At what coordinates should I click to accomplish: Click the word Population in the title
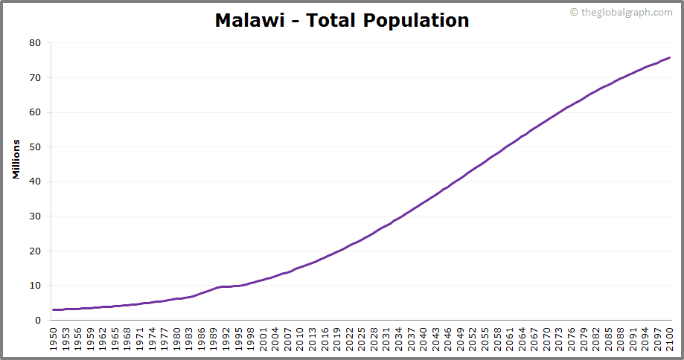(416, 21)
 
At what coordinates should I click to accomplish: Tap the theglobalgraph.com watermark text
(626, 12)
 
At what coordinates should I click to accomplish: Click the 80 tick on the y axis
(34, 43)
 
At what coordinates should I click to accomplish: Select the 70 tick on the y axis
(34, 77)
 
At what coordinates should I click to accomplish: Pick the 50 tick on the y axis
(34, 147)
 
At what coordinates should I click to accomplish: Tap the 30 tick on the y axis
(34, 216)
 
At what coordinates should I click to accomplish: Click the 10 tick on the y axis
(34, 286)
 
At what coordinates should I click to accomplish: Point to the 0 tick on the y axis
(37, 321)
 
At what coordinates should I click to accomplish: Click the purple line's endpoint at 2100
(669, 57)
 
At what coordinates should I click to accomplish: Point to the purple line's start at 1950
(54, 309)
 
